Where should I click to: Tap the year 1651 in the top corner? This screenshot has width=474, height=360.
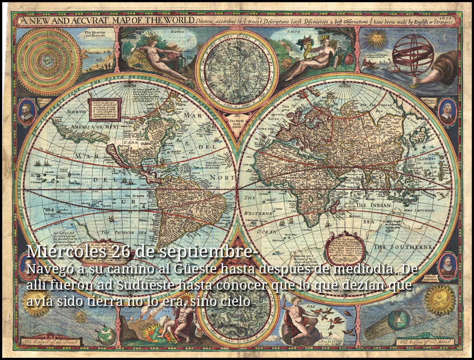[x=452, y=17]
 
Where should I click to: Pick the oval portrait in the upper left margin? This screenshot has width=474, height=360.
[x=27, y=112]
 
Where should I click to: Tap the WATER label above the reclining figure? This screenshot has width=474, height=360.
[x=178, y=31]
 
